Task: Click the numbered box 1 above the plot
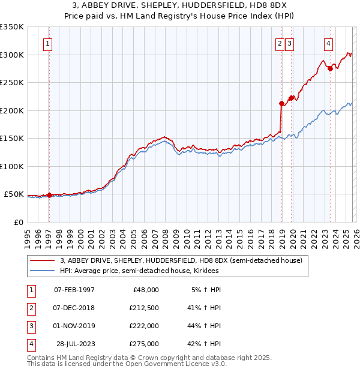[47, 43]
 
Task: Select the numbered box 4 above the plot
[329, 43]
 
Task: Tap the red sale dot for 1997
[49, 195]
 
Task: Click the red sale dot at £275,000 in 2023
[330, 68]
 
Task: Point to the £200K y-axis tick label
[11, 110]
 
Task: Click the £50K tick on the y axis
[14, 194]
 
